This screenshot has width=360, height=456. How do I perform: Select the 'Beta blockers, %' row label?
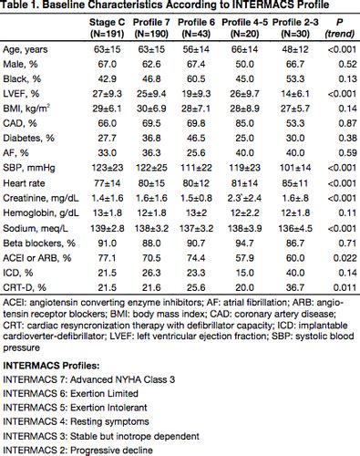pyautogui.click(x=39, y=244)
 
